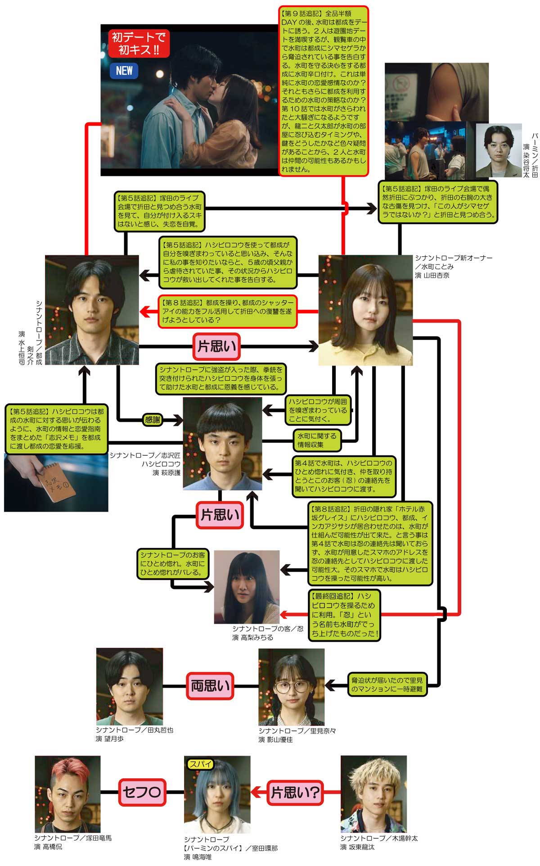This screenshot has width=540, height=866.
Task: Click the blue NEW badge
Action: pos(124,71)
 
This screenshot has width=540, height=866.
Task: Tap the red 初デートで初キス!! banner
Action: pos(139,44)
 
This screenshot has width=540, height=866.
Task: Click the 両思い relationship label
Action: pos(210,686)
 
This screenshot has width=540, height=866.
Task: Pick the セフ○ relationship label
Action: pos(142,792)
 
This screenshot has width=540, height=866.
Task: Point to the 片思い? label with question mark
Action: pos(296,792)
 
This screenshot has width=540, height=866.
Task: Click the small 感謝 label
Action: pos(152,420)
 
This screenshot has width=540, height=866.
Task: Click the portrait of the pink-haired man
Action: pos(67,794)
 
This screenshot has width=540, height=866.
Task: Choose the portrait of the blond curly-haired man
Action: pos(373,794)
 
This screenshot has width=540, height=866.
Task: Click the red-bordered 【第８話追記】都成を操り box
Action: pos(227,311)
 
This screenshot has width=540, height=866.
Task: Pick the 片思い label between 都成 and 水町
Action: pos(216,346)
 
